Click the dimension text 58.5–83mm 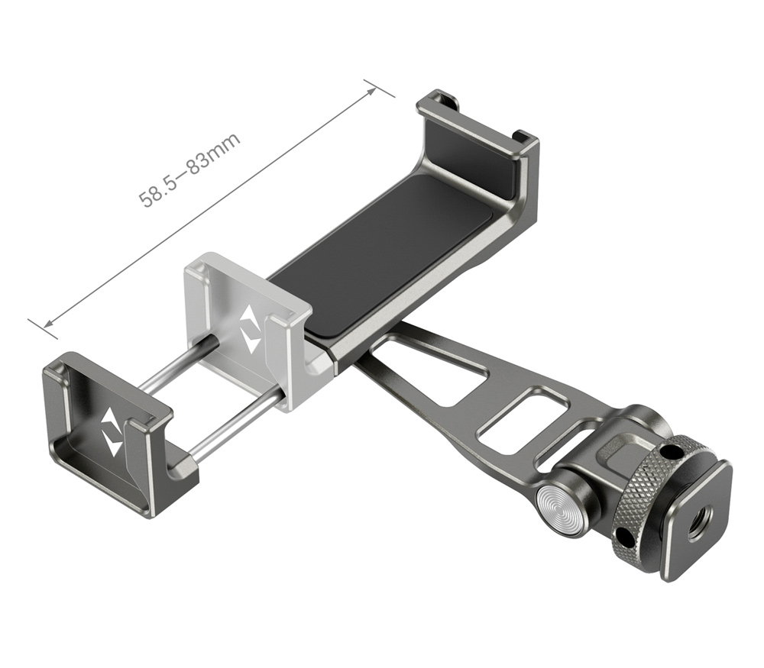point(189,169)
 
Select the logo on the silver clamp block point(250,329)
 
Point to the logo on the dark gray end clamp point(112,431)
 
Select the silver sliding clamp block point(248,321)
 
